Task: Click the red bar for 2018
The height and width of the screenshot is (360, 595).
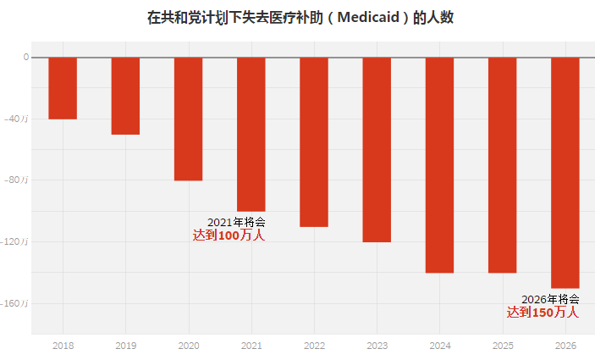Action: tap(63, 88)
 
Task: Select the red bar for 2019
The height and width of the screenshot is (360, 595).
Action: tap(125, 96)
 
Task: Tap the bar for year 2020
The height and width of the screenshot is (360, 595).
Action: tap(188, 119)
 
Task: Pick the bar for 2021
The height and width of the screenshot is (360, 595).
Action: tap(251, 134)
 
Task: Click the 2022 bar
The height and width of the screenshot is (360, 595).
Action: tap(313, 141)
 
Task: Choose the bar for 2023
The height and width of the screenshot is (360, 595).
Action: tap(377, 149)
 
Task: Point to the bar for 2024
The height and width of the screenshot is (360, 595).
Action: tap(439, 165)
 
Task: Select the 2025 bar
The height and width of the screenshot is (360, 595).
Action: tap(502, 165)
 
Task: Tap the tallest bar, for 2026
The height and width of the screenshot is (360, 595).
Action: tap(565, 173)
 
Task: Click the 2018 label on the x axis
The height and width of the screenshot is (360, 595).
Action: tap(63, 346)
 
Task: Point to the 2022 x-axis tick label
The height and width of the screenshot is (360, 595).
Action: tap(313, 346)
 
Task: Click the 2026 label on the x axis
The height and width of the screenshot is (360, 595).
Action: tap(565, 346)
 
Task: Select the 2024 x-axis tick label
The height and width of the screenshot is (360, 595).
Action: tap(439, 346)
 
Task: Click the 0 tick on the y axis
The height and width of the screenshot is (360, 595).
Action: tap(25, 58)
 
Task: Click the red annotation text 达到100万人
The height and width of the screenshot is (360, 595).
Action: tap(229, 235)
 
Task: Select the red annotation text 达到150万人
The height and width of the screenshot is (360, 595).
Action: tap(543, 313)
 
